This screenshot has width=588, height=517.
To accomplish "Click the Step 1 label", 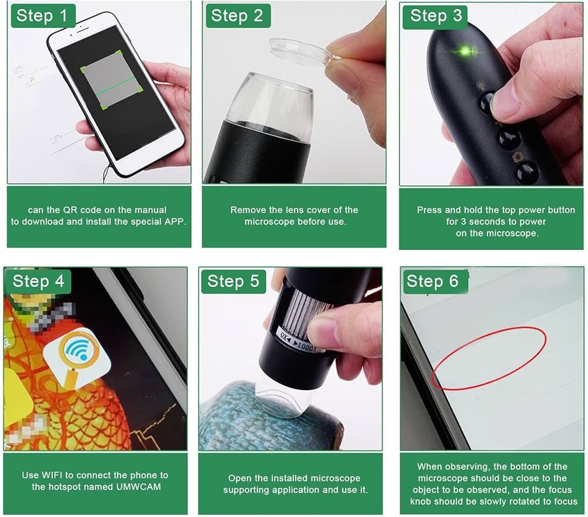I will [x=42, y=16].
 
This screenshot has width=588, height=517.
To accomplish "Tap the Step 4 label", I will [x=38, y=281].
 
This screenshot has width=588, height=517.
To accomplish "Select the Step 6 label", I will [x=432, y=281].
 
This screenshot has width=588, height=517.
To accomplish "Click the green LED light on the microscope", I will [x=465, y=51].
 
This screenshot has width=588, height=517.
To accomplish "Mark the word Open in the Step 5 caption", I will [x=239, y=478].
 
